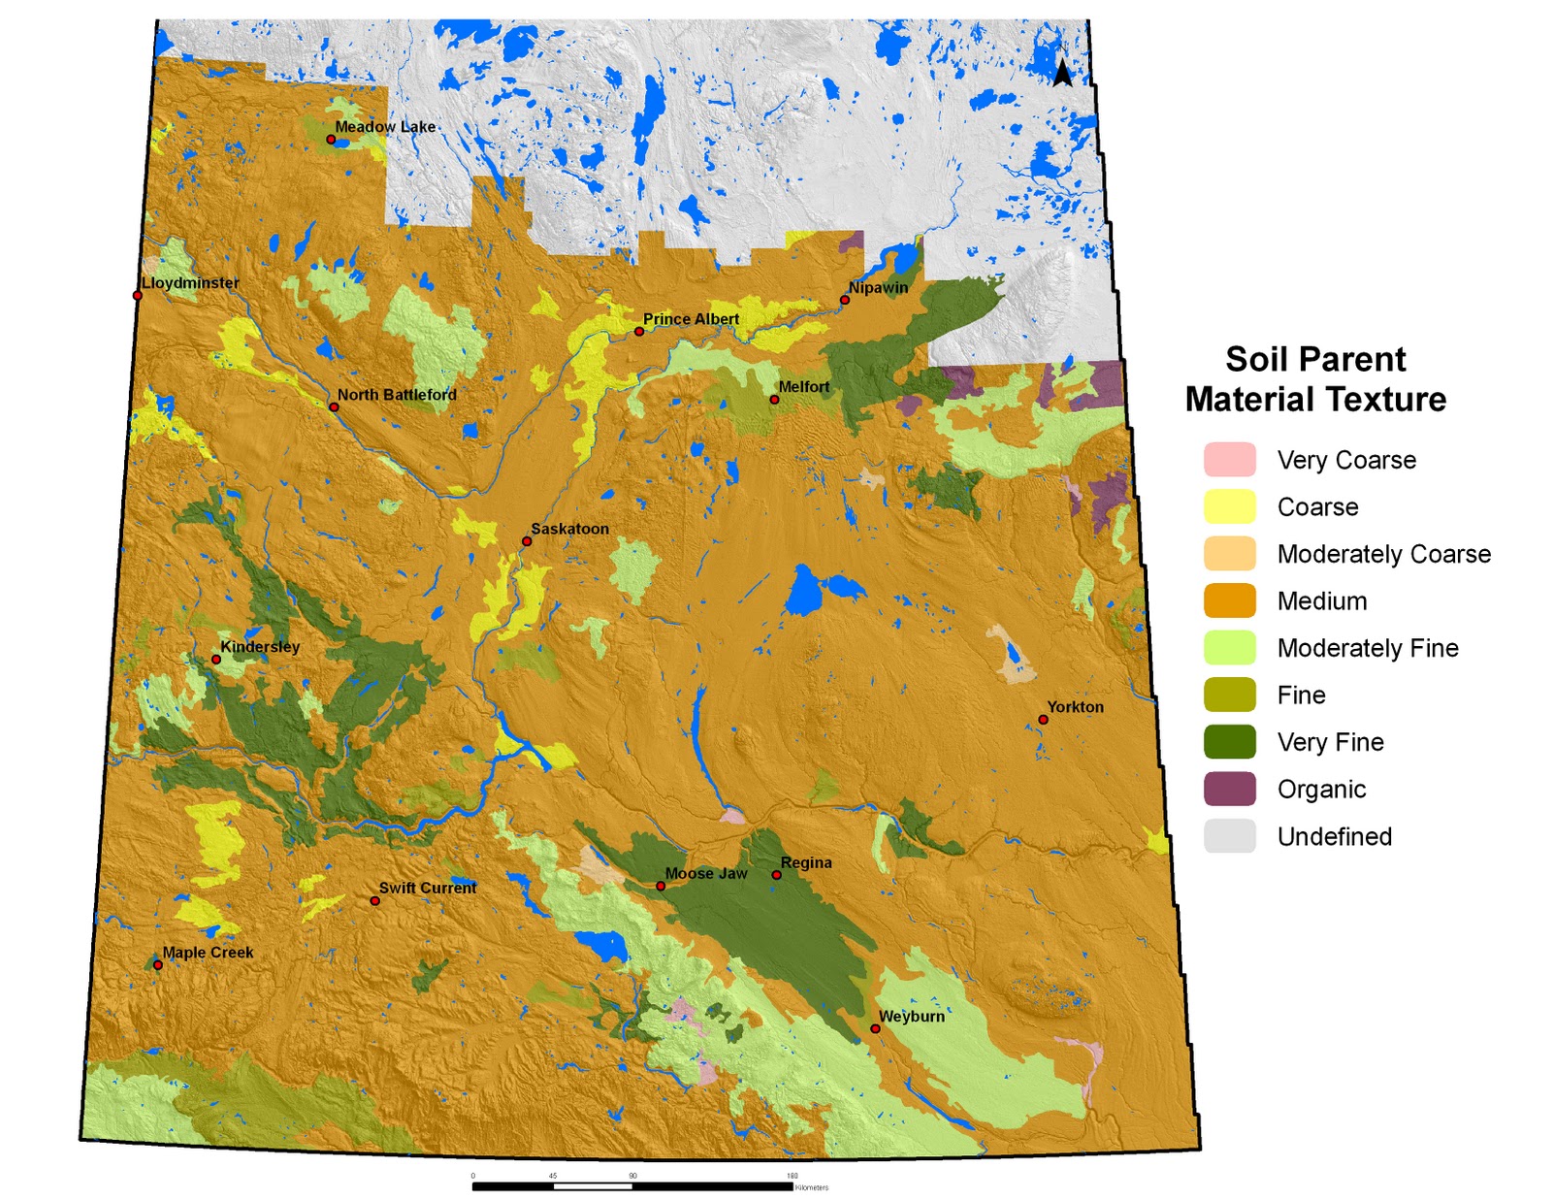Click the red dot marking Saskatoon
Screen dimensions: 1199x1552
pyautogui.click(x=527, y=541)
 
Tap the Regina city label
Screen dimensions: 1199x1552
pyautogui.click(x=805, y=862)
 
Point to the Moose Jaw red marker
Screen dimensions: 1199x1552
pyautogui.click(x=661, y=886)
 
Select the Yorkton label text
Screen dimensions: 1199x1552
pyautogui.click(x=1075, y=706)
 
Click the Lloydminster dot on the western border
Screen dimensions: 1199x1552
pyautogui.click(x=138, y=295)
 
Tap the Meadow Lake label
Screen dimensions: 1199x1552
pyautogui.click(x=385, y=126)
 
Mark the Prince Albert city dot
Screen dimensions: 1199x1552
pyautogui.click(x=639, y=332)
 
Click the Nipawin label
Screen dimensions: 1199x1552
pyautogui.click(x=878, y=287)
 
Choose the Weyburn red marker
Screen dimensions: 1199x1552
pyautogui.click(x=875, y=1028)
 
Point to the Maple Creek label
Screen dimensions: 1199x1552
pyautogui.click(x=208, y=953)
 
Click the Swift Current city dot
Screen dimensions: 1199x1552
pyautogui.click(x=375, y=900)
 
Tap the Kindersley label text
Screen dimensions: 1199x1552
pyautogui.click(x=260, y=646)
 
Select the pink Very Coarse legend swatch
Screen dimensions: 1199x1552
pyautogui.click(x=1229, y=460)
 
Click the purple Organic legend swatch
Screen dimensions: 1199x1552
pyautogui.click(x=1229, y=789)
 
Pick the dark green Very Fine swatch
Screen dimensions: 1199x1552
pyautogui.click(x=1229, y=742)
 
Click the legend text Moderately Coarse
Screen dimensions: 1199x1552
pyautogui.click(x=1383, y=554)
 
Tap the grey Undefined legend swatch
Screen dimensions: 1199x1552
pyautogui.click(x=1229, y=836)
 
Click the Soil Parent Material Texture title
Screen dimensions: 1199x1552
pyautogui.click(x=1315, y=379)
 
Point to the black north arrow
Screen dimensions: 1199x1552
pyautogui.click(x=1062, y=72)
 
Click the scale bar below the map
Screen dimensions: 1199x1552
pyautogui.click(x=631, y=1185)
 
